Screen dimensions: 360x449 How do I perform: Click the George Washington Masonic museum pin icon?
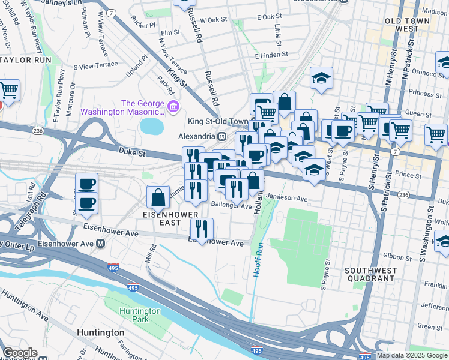coord(174,107)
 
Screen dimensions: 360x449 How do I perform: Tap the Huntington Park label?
coord(140,315)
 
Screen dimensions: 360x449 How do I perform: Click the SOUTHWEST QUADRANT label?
coord(371,275)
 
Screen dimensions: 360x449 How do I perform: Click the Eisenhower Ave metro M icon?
coord(101,244)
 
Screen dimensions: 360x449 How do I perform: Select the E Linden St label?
coord(272,56)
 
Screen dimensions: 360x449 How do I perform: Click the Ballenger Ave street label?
coord(232,206)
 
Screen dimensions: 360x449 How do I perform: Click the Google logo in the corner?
coord(20,353)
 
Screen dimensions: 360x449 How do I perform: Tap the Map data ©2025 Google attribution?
coord(412,355)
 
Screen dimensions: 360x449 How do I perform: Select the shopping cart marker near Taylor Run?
coord(8,91)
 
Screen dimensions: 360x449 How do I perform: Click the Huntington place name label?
coord(101,332)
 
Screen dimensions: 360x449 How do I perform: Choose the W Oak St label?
coord(214,20)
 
